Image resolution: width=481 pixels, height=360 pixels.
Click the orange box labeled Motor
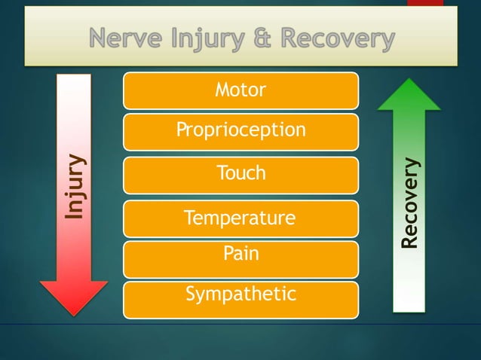click(240, 90)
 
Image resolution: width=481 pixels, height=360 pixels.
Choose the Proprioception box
click(240, 131)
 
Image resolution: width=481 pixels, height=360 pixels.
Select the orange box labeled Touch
click(240, 174)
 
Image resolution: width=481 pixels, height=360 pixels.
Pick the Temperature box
click(240, 218)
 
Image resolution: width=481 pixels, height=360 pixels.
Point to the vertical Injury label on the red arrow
click(74, 187)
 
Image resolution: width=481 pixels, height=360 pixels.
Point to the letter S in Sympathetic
click(191, 294)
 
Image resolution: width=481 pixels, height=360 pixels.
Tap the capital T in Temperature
click(189, 218)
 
